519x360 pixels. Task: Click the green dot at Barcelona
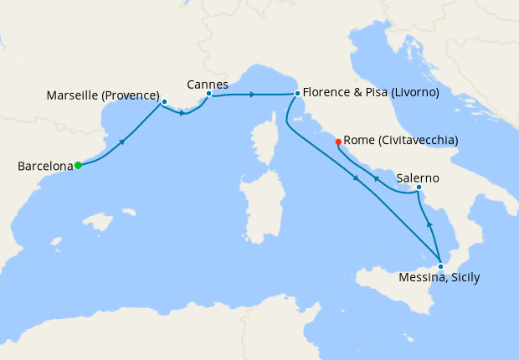(78, 166)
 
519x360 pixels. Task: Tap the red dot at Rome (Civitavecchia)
(338, 141)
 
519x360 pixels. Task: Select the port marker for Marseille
(164, 101)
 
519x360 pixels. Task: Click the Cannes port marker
(208, 94)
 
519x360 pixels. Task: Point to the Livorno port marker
(297, 94)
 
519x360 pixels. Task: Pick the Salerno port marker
(419, 187)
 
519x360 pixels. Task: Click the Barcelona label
(45, 167)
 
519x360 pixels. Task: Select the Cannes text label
(208, 84)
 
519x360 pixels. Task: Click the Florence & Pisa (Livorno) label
(370, 93)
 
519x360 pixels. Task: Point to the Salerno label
(419, 178)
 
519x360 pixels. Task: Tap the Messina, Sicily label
(439, 278)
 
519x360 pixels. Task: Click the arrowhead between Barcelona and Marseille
(122, 141)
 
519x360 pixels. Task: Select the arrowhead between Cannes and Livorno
(252, 94)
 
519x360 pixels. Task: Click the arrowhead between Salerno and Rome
(376, 178)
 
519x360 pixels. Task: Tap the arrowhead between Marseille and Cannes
(182, 112)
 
